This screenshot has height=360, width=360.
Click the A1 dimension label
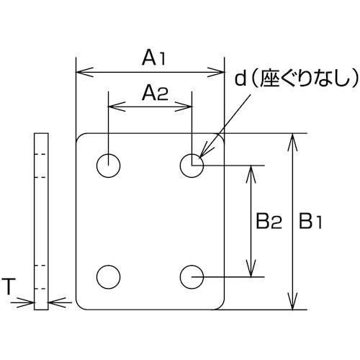click(153, 58)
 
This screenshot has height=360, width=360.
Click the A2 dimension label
click(153, 92)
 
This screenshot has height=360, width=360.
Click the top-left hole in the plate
click(109, 166)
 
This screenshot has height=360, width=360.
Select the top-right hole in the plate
click(192, 166)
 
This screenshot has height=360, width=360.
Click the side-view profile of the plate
click(41, 221)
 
